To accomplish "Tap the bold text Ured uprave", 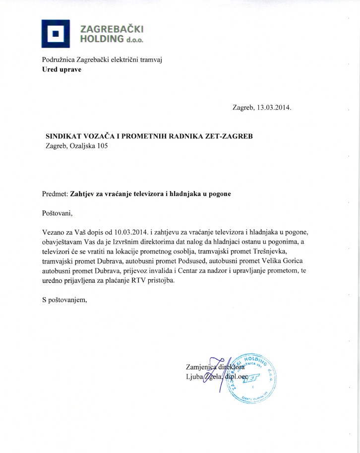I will point(61,69).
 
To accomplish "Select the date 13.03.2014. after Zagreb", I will point(275,107).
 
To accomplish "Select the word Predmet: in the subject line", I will point(55,194).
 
